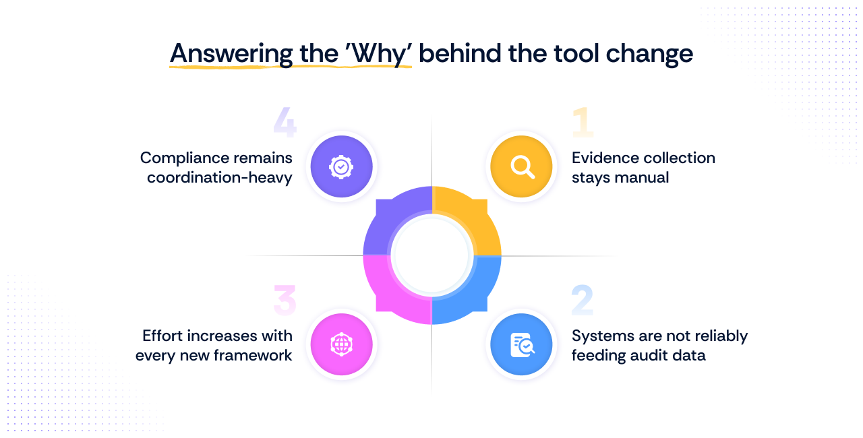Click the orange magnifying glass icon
click(x=521, y=166)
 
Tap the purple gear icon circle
click(x=341, y=166)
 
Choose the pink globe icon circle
click(x=341, y=344)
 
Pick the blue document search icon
click(x=521, y=344)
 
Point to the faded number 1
click(x=583, y=122)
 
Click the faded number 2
click(x=583, y=301)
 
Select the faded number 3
click(x=285, y=301)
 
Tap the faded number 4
click(x=285, y=122)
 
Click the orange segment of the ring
click(x=472, y=216)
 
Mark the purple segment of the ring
click(x=392, y=216)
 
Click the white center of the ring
click(x=431, y=255)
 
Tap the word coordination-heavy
click(x=220, y=177)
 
